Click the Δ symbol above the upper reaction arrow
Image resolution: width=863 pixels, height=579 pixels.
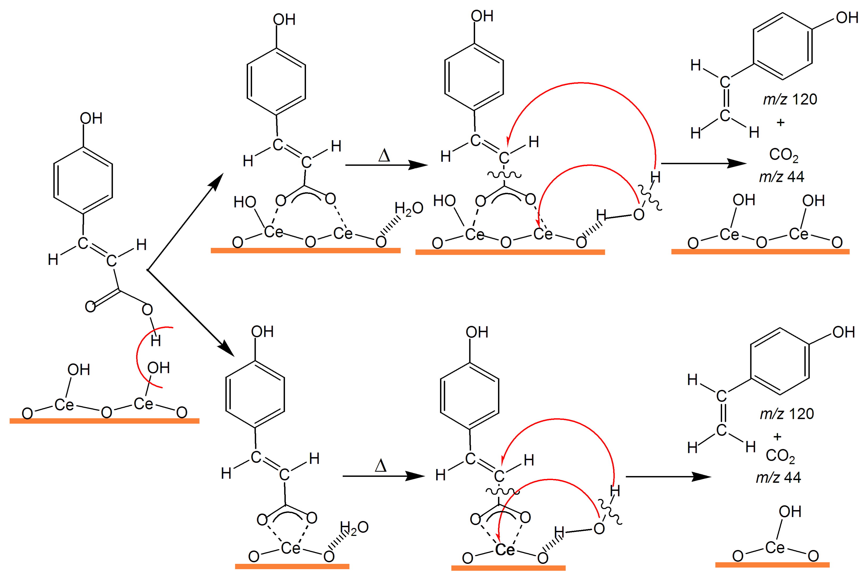click(384, 156)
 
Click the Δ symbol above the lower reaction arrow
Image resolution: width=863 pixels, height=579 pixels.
click(380, 466)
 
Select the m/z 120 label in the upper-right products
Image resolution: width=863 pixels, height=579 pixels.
click(790, 99)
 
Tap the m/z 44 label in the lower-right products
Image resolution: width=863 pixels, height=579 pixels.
click(778, 477)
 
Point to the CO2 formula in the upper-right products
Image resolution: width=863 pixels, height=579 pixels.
click(783, 155)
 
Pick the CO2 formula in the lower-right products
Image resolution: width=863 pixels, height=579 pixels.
click(780, 456)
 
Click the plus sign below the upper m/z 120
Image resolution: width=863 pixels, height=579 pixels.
click(780, 122)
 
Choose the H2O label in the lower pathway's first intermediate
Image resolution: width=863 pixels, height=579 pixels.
click(354, 528)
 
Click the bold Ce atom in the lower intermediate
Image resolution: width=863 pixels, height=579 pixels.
click(505, 550)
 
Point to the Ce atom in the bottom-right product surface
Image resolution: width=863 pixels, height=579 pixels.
click(775, 547)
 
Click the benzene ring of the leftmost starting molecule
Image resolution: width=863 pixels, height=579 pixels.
click(83, 181)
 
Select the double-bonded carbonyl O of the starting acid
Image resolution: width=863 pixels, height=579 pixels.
click(90, 306)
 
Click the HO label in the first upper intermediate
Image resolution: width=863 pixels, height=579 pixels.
click(245, 202)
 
